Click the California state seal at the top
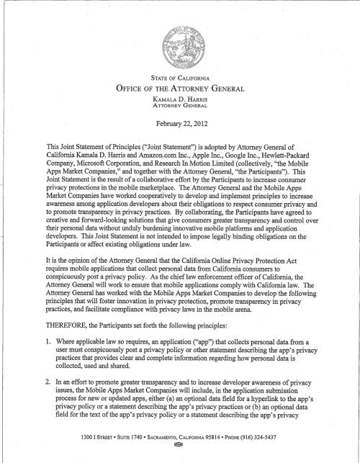179,37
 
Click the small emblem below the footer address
179,454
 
